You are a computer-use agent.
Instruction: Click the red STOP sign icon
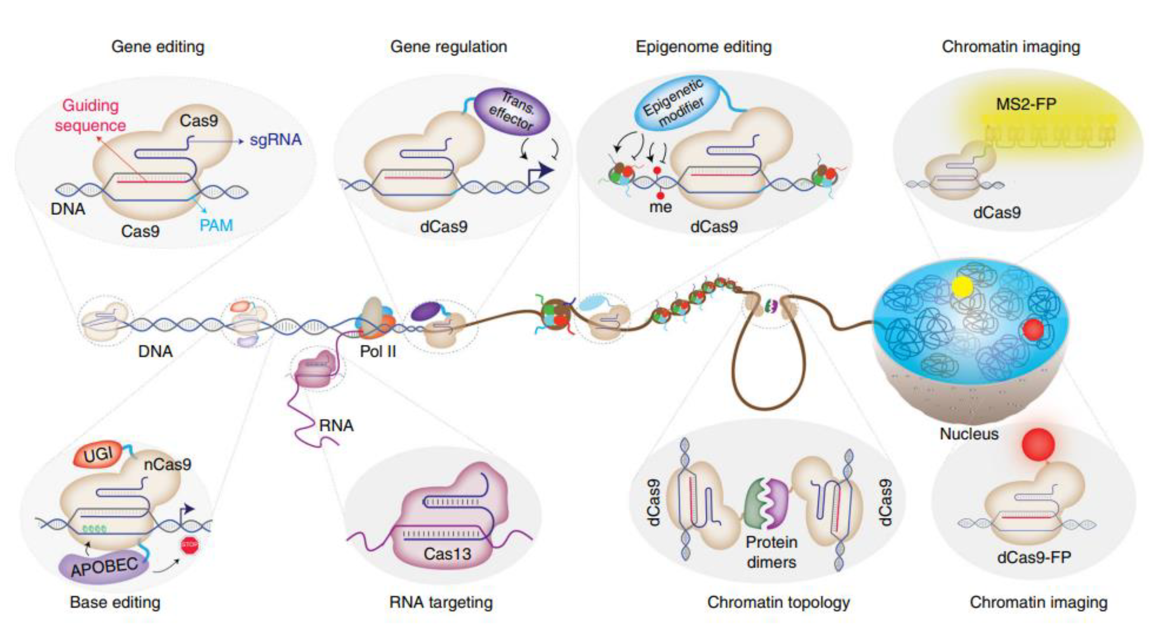(190, 545)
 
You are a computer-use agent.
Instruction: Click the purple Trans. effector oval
(511, 112)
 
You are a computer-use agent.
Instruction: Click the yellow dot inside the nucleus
(962, 287)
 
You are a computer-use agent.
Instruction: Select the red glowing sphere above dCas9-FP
(1038, 444)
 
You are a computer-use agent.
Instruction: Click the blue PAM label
(216, 225)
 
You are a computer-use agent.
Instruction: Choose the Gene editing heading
(158, 46)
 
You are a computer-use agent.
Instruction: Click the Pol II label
(378, 352)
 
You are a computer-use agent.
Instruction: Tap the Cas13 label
(447, 554)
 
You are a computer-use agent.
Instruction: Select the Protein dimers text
(771, 552)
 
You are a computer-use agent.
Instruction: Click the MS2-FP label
(1026, 104)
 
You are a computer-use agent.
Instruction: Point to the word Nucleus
(969, 434)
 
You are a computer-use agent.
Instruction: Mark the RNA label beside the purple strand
(336, 425)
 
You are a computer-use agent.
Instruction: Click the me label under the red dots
(660, 207)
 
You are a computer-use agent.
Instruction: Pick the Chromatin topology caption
(778, 602)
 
